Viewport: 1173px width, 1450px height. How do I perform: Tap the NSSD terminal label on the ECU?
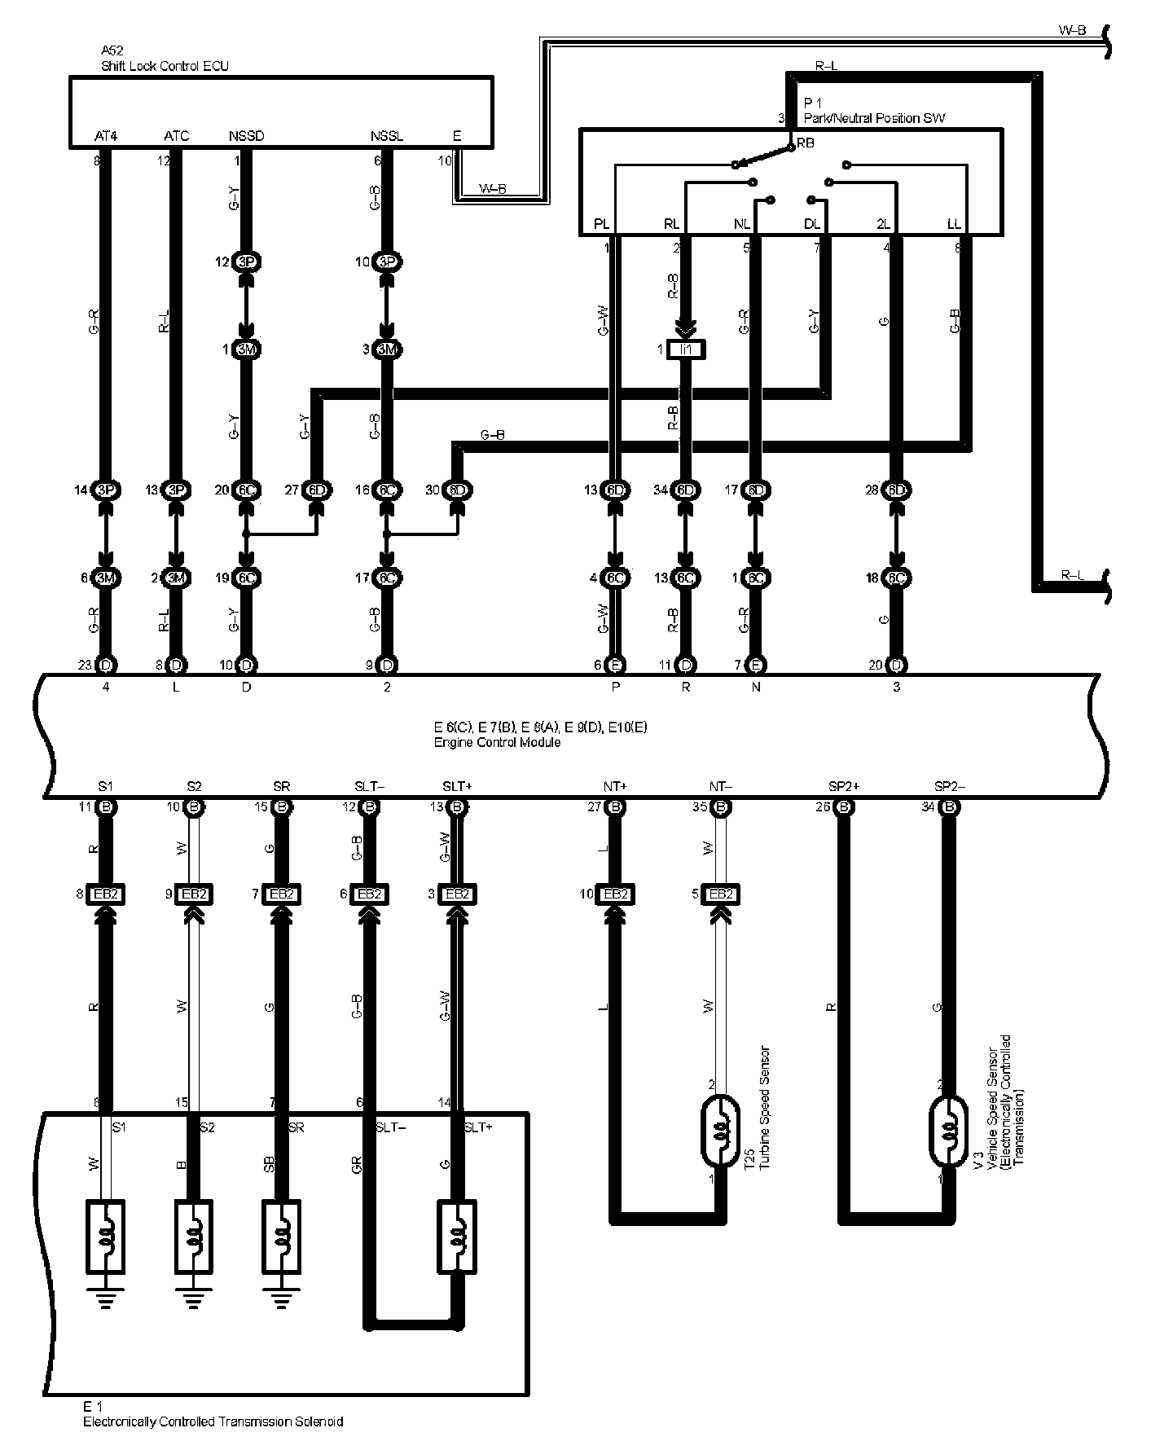246,136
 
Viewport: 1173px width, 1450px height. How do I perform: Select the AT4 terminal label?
106,136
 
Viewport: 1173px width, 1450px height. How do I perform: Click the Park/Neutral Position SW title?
874,118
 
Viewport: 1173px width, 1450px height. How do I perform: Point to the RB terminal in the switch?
805,143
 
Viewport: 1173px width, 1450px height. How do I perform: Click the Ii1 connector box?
686,349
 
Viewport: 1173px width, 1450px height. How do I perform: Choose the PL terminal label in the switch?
601,224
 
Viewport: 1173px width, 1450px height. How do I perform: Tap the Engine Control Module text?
497,742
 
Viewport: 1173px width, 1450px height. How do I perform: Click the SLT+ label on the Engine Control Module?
457,786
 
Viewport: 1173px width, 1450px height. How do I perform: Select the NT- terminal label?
720,786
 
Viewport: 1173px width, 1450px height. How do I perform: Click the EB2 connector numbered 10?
616,894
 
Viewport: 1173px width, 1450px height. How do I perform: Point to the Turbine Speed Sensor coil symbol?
720,1131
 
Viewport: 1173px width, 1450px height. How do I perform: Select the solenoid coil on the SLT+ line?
457,1236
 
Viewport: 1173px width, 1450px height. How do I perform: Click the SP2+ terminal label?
844,786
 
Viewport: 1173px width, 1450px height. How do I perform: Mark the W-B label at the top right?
1072,30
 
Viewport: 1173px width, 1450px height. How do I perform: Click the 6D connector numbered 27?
317,490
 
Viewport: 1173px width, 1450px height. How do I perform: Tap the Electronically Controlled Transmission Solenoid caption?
213,1421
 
